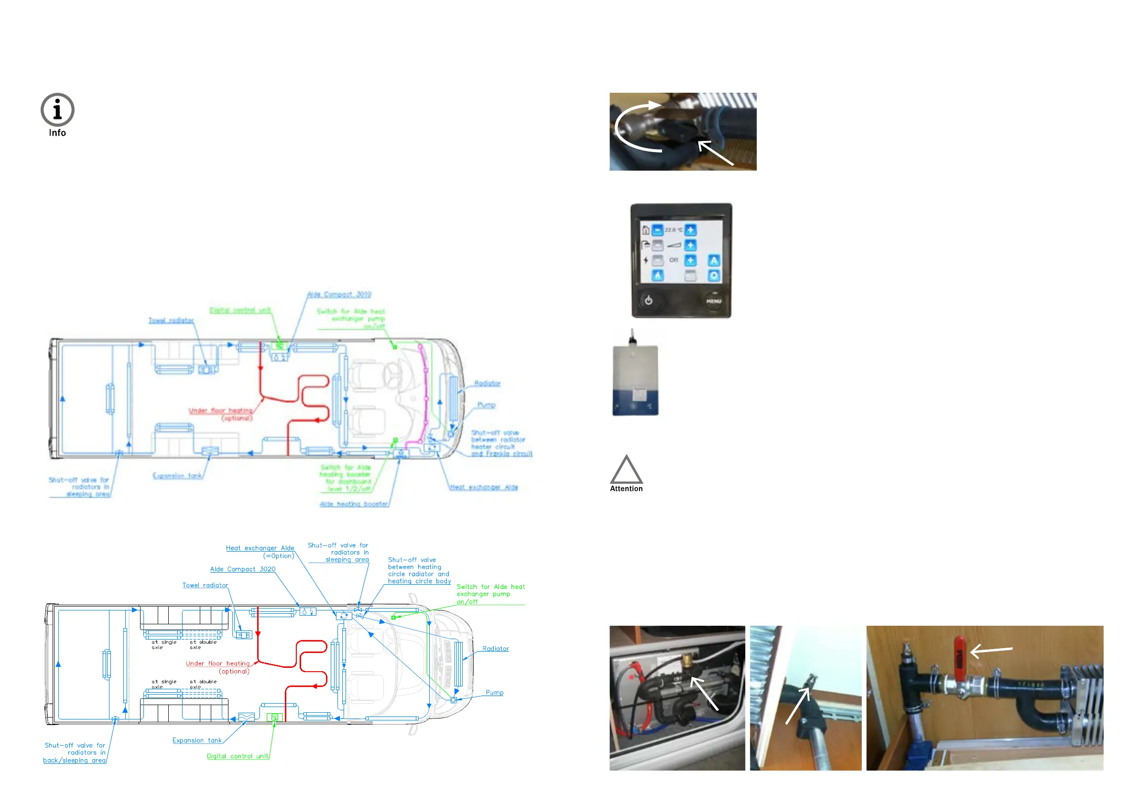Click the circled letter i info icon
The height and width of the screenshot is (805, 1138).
click(57, 109)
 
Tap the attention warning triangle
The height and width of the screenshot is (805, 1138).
click(627, 470)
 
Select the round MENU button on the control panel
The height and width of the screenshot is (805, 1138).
click(713, 301)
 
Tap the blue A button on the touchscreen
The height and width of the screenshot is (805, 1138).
click(714, 260)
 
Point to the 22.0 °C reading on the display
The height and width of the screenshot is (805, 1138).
click(673, 230)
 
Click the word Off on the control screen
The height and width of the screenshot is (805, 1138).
click(673, 260)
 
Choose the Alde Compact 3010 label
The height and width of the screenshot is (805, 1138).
click(339, 294)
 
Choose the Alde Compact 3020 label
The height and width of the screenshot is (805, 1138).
click(243, 569)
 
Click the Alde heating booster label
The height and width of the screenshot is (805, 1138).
click(354, 504)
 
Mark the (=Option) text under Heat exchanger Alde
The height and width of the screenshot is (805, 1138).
click(279, 556)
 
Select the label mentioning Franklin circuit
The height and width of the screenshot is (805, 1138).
click(501, 443)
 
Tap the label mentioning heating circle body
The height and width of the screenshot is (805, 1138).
click(419, 571)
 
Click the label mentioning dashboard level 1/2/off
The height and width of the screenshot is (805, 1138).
click(346, 479)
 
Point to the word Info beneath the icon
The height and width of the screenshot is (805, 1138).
click(57, 133)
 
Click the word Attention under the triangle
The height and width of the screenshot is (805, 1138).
click(627, 489)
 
